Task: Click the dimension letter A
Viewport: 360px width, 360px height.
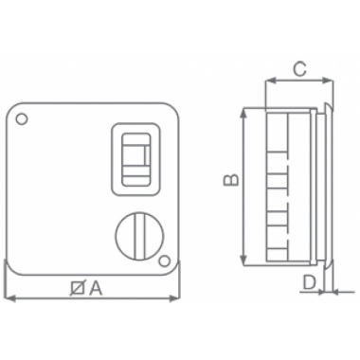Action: tap(96, 289)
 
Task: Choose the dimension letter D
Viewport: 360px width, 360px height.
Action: tap(309, 280)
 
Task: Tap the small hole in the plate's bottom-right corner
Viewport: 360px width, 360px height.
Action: tap(164, 260)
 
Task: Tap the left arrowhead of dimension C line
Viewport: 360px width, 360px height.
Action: tap(268, 81)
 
